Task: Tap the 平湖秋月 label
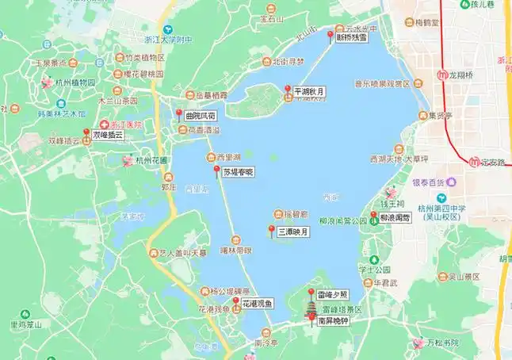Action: [309, 91]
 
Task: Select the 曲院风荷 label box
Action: [200, 116]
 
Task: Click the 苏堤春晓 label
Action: [238, 171]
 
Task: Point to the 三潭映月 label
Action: [292, 233]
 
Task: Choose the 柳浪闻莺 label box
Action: [394, 216]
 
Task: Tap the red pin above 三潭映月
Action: [271, 231]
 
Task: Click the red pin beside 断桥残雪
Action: [331, 35]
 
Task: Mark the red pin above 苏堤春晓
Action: [216, 170]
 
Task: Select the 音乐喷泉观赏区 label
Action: [381, 83]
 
